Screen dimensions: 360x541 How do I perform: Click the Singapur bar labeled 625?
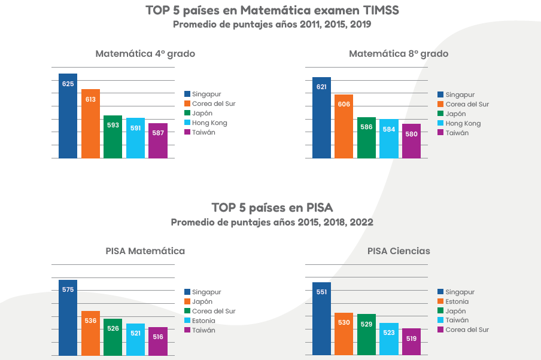point(68,116)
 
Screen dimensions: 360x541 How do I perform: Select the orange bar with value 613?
point(90,124)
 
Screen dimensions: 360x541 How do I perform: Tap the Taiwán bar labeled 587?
point(158,141)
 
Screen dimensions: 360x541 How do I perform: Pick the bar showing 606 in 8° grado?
point(344,127)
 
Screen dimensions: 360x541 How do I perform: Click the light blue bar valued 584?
point(389,139)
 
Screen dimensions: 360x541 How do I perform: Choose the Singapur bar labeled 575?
point(68,318)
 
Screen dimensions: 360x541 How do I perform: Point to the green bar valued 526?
point(113,337)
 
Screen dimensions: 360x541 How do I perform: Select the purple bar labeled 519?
point(411,342)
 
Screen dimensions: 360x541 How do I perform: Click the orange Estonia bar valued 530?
point(344,334)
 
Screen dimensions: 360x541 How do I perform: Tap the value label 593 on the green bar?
point(113,125)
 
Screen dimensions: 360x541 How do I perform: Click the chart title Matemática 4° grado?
point(145,54)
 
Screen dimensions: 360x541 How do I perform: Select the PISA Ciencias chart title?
point(399,251)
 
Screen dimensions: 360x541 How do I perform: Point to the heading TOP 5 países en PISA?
point(272,208)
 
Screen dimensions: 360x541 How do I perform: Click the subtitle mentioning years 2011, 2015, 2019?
point(272,25)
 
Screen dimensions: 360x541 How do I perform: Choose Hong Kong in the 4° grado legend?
point(209,123)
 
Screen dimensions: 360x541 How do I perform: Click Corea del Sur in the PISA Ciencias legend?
point(467,330)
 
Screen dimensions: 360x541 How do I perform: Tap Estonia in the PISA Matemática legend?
point(203,321)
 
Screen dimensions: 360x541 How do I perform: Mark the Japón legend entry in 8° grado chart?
point(455,114)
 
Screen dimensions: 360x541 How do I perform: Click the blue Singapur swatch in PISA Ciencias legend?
point(440,292)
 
